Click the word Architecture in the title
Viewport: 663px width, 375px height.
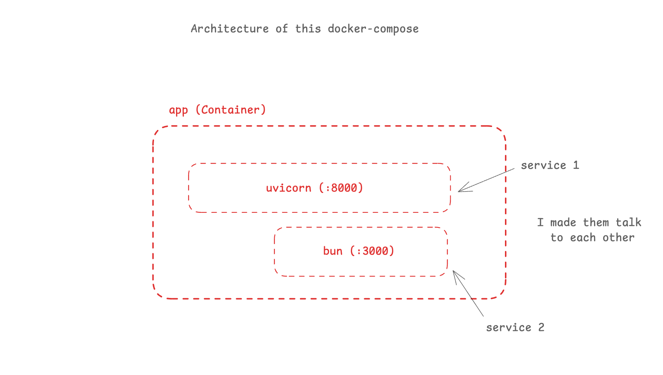(x=230, y=29)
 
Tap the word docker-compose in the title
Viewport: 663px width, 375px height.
(x=373, y=29)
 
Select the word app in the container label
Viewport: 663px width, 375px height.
(x=178, y=110)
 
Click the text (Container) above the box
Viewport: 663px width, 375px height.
(x=231, y=110)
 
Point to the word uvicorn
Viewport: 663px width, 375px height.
(x=288, y=188)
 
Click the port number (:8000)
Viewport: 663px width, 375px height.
(x=341, y=188)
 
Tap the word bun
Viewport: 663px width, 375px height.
(x=333, y=251)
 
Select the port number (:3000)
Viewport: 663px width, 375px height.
(x=372, y=251)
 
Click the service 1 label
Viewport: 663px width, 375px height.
(x=550, y=165)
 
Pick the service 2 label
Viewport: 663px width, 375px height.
(x=515, y=328)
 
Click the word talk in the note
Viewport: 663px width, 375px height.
(x=628, y=223)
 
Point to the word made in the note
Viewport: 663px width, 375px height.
(x=563, y=223)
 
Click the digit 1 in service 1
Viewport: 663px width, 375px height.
(x=576, y=165)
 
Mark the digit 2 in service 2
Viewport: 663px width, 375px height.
(x=541, y=328)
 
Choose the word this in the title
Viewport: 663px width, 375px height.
(x=308, y=29)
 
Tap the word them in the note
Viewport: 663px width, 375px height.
(x=596, y=223)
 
